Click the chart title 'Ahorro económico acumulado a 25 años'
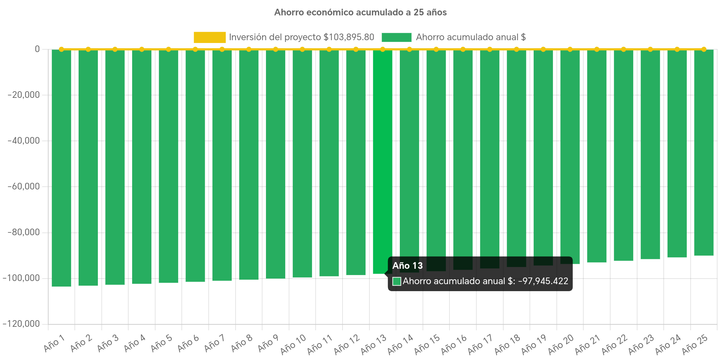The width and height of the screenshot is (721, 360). pyautogui.click(x=360, y=13)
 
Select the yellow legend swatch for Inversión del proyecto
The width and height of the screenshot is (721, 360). pyautogui.click(x=209, y=37)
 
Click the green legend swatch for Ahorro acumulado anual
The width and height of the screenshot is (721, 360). pyautogui.click(x=396, y=37)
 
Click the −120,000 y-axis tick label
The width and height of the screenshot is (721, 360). pyautogui.click(x=21, y=324)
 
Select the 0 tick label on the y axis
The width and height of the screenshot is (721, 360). pyautogui.click(x=37, y=49)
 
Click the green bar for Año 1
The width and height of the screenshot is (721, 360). pyautogui.click(x=62, y=168)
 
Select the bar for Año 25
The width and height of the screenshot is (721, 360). pyautogui.click(x=704, y=153)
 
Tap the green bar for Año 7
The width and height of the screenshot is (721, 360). pyautogui.click(x=222, y=165)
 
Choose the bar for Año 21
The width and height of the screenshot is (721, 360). pyautogui.click(x=597, y=156)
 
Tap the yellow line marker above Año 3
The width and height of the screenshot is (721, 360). pyautogui.click(x=115, y=49)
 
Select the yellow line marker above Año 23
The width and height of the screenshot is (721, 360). pyautogui.click(x=650, y=49)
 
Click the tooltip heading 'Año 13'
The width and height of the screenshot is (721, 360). pyautogui.click(x=408, y=266)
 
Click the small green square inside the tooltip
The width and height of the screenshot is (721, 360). pyautogui.click(x=397, y=281)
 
